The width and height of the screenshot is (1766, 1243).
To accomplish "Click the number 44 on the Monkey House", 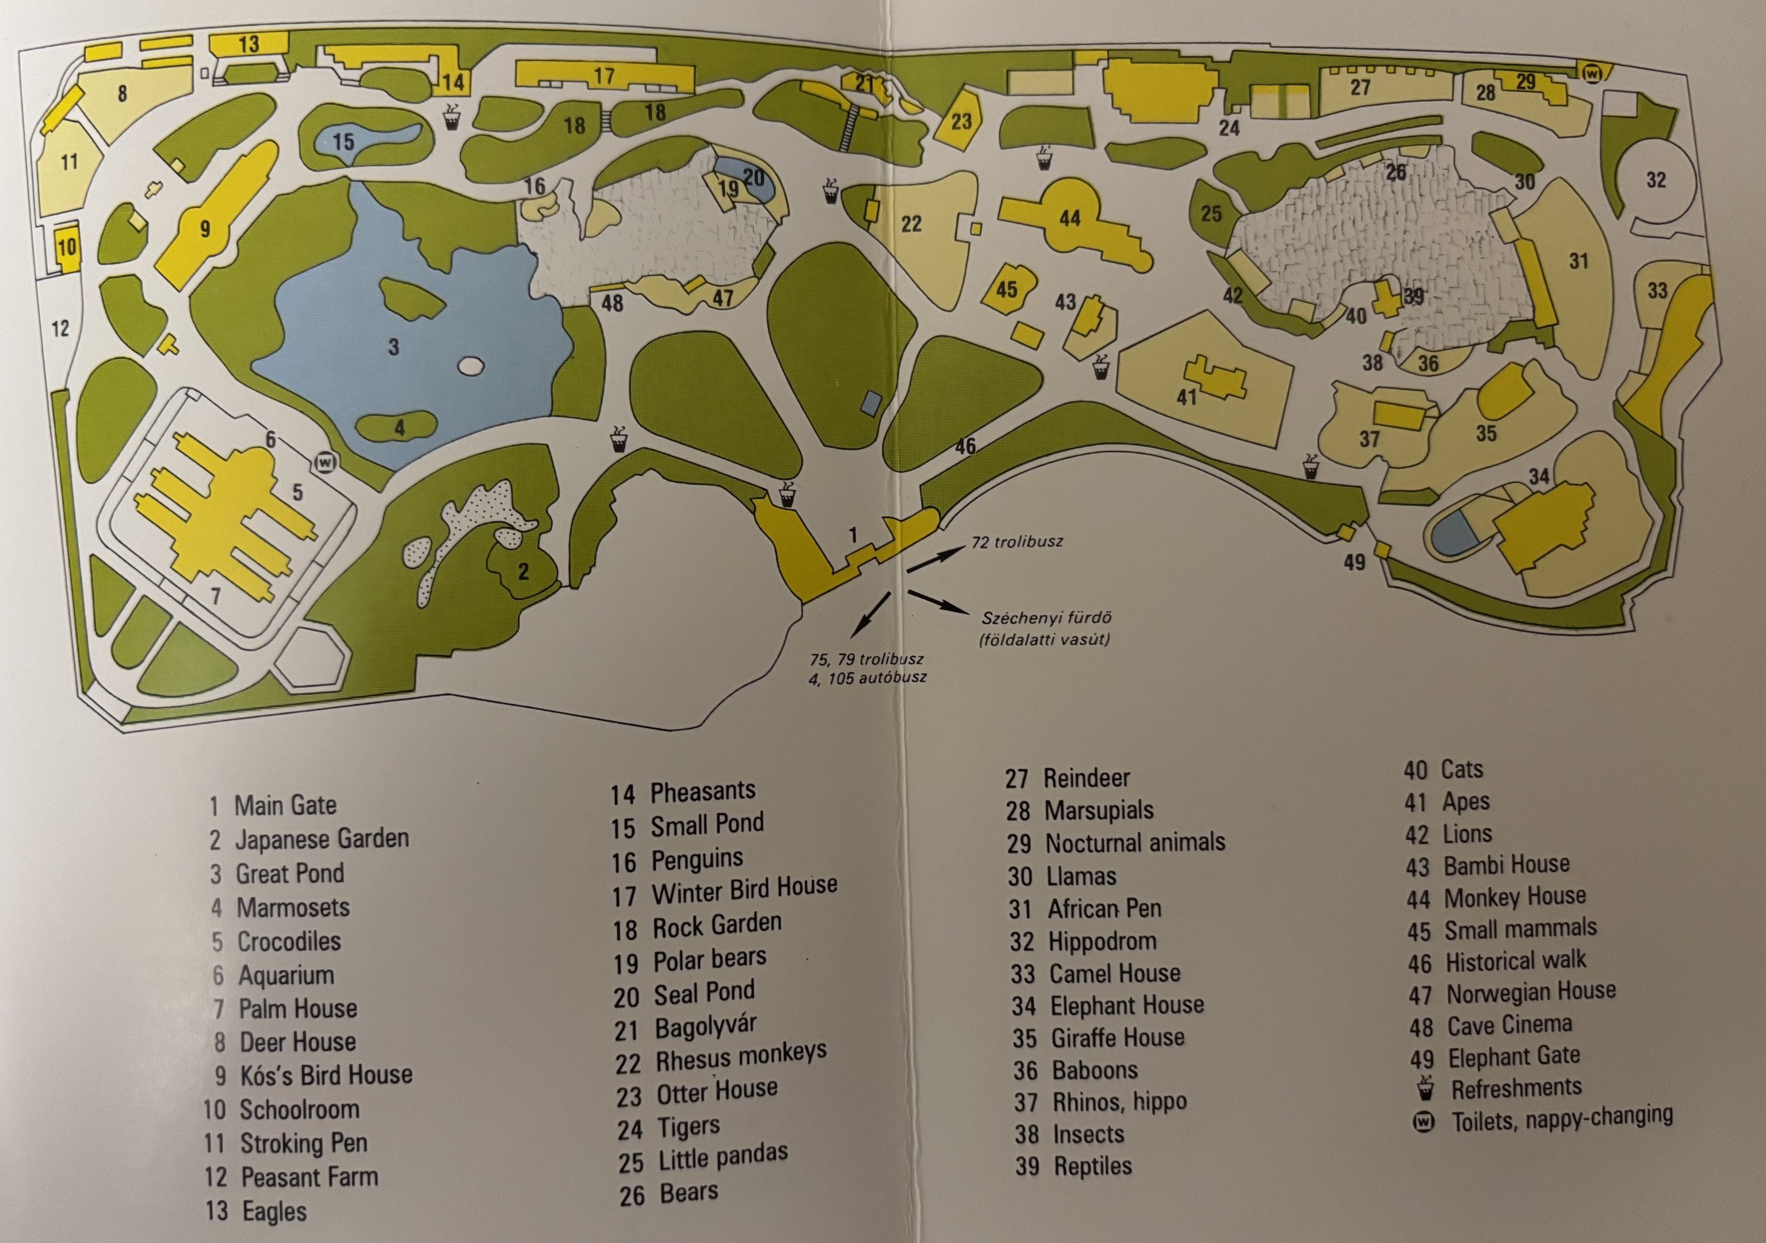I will [x=1070, y=219].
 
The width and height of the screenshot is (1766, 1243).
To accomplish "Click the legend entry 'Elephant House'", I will [x=1126, y=1005].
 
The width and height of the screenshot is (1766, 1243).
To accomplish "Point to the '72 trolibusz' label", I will [x=1017, y=542].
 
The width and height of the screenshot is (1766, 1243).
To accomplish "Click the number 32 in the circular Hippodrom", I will [x=1656, y=180].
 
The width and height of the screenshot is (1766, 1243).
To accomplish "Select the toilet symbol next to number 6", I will [x=326, y=463].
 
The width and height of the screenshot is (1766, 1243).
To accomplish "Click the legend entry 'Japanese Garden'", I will [x=322, y=839].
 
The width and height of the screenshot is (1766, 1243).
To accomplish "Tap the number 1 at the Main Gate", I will [x=853, y=535].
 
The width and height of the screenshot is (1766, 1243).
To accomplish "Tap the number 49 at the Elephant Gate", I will [x=1355, y=563].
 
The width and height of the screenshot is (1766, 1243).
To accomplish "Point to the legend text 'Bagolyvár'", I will [x=705, y=1027].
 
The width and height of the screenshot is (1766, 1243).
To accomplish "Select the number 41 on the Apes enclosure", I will [x=1186, y=397].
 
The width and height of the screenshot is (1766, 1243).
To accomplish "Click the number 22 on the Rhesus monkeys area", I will [x=911, y=224].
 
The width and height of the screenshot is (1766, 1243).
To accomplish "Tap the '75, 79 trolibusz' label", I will [x=866, y=659].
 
